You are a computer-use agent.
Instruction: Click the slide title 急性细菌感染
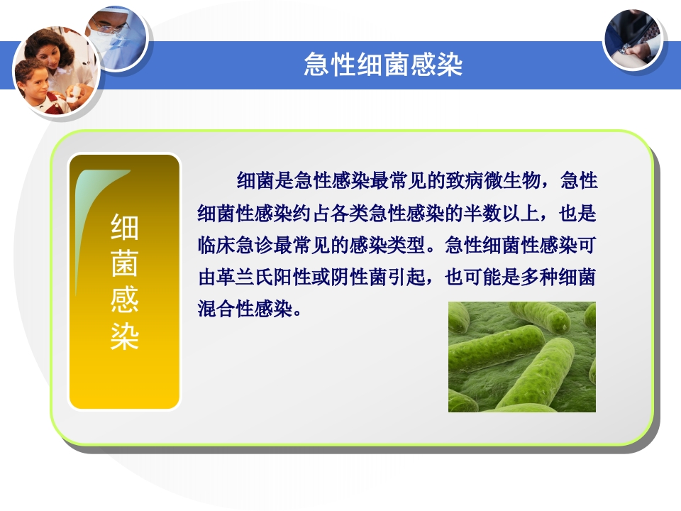click(x=383, y=65)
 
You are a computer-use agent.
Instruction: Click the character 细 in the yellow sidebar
click(x=124, y=229)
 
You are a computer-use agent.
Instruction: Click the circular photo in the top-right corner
click(x=633, y=39)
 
